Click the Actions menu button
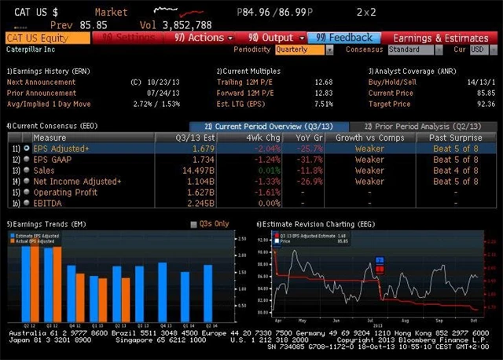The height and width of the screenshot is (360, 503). (205, 37)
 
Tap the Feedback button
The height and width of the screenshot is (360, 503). (343, 37)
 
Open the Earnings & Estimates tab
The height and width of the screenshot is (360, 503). (440, 37)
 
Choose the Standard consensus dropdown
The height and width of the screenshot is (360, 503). (416, 50)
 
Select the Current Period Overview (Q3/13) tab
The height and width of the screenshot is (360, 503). (268, 126)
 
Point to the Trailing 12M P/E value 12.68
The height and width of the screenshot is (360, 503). (322, 81)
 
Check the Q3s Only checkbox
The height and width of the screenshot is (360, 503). (194, 224)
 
